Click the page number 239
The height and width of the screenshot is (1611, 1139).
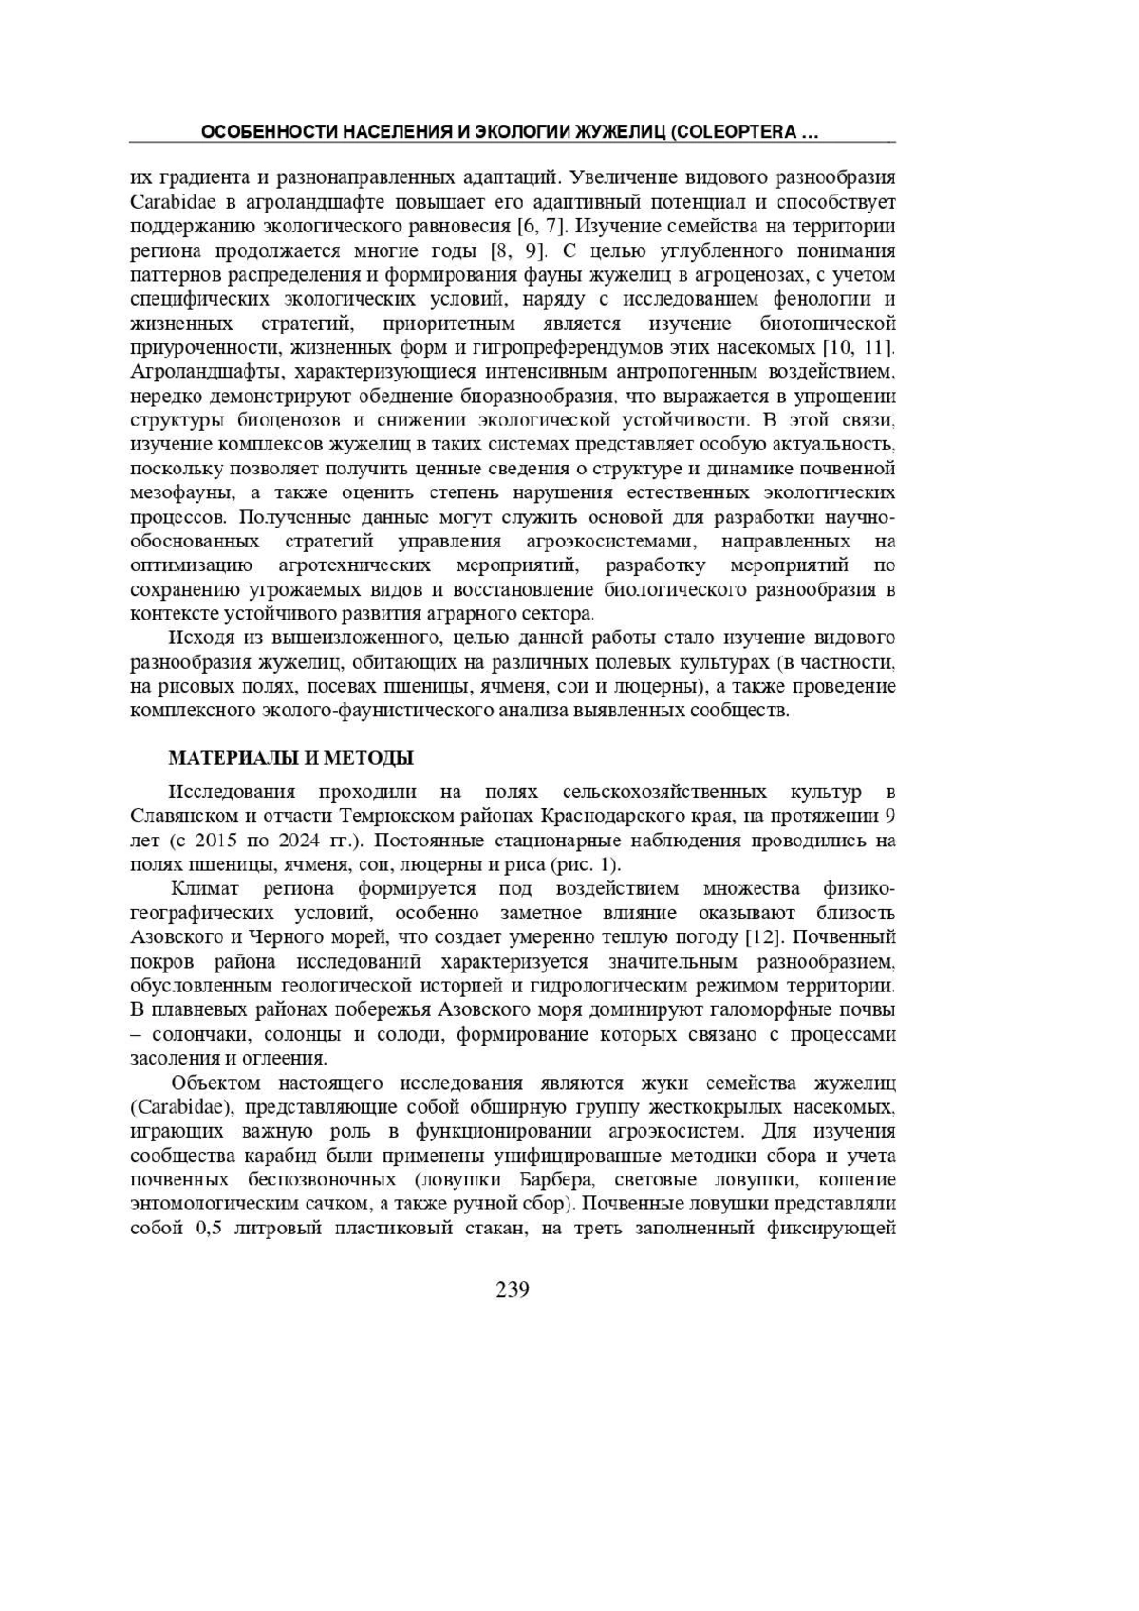(x=512, y=1289)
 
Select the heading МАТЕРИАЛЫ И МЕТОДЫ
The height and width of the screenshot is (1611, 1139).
(x=290, y=758)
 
